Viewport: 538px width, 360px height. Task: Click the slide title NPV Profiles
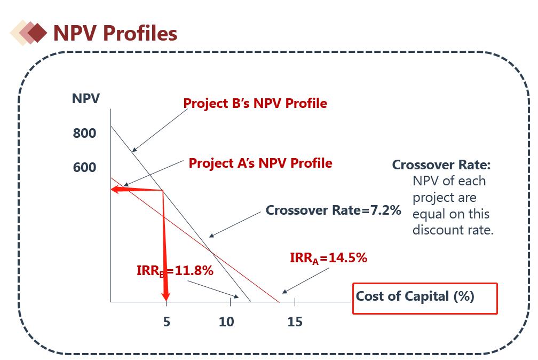pos(115,33)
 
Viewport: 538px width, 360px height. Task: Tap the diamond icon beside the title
pos(31,33)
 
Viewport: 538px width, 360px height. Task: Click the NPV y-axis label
pos(85,99)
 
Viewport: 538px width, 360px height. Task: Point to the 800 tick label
pos(84,133)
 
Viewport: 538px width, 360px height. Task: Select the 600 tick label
pos(84,168)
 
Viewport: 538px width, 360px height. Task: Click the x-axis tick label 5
pos(167,322)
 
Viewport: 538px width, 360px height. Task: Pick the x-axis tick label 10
pos(226,322)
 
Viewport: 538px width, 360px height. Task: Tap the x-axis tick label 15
pos(295,322)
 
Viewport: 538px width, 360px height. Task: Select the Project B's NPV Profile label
pos(255,103)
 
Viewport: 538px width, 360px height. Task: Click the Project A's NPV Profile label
pos(260,163)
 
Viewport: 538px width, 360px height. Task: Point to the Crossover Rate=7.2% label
pos(333,210)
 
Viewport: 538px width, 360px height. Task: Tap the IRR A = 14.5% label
pos(328,258)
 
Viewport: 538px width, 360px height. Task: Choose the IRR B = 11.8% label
pos(175,271)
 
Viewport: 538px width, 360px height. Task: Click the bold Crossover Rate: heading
pos(441,165)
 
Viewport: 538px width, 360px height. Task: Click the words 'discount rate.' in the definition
pos(453,230)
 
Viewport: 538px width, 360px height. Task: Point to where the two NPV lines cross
pos(211,251)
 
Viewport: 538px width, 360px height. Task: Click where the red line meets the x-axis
pos(279,302)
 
